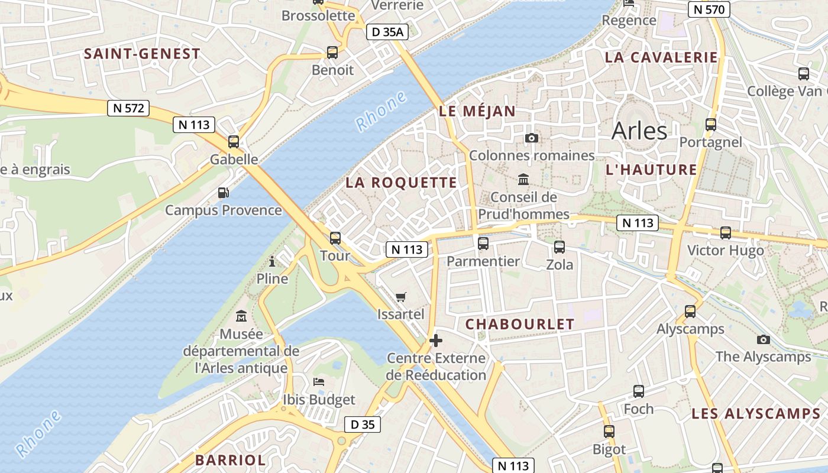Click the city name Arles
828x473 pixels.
click(x=639, y=131)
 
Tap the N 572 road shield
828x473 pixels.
click(x=128, y=108)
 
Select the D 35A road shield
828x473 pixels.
click(x=387, y=32)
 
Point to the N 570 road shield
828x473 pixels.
click(x=709, y=9)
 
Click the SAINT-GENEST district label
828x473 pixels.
click(x=142, y=54)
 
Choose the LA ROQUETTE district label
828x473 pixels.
click(x=401, y=183)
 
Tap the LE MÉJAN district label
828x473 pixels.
click(x=477, y=111)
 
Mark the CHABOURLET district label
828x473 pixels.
click(x=520, y=324)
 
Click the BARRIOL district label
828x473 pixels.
click(x=230, y=460)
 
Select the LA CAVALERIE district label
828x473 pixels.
click(x=661, y=57)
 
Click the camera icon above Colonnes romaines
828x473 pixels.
click(x=532, y=138)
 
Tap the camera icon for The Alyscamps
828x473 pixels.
click(x=764, y=339)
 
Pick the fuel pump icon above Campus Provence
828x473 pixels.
click(x=223, y=192)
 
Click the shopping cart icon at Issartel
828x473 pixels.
click(x=401, y=297)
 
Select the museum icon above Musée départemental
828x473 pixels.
click(x=241, y=316)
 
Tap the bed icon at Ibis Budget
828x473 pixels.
click(x=319, y=381)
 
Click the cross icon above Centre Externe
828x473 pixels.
click(x=436, y=341)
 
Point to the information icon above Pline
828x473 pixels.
click(x=272, y=261)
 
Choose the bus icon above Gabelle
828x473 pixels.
click(x=234, y=142)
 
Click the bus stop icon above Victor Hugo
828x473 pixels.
click(x=726, y=233)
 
